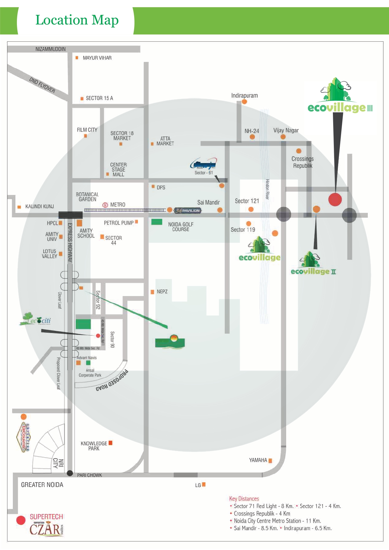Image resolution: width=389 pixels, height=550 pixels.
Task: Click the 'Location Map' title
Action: click(77, 20)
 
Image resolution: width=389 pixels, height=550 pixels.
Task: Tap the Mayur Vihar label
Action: click(97, 58)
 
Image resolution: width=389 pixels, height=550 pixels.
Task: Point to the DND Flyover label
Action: click(42, 85)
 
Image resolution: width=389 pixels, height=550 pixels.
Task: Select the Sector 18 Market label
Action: click(122, 136)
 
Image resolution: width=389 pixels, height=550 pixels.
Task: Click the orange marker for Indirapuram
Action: click(244, 102)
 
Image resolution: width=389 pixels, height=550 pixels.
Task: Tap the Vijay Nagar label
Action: click(286, 130)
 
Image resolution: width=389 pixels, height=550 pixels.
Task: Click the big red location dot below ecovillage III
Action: click(335, 199)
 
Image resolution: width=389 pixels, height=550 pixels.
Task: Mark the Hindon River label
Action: click(267, 189)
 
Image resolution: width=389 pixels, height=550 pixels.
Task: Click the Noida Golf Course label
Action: click(181, 227)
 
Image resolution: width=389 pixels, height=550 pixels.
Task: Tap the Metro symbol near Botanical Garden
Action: click(105, 205)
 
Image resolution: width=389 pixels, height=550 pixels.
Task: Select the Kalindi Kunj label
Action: click(39, 207)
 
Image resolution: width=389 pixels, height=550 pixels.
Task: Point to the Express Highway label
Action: click(70, 242)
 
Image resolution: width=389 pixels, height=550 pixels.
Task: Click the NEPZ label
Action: click(162, 292)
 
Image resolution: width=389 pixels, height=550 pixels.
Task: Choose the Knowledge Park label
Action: click(94, 446)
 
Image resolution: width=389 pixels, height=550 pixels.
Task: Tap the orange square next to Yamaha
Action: click(270, 461)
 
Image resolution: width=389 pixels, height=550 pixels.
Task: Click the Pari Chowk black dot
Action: click(70, 473)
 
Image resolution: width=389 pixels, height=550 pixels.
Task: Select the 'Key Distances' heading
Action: click(244, 499)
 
